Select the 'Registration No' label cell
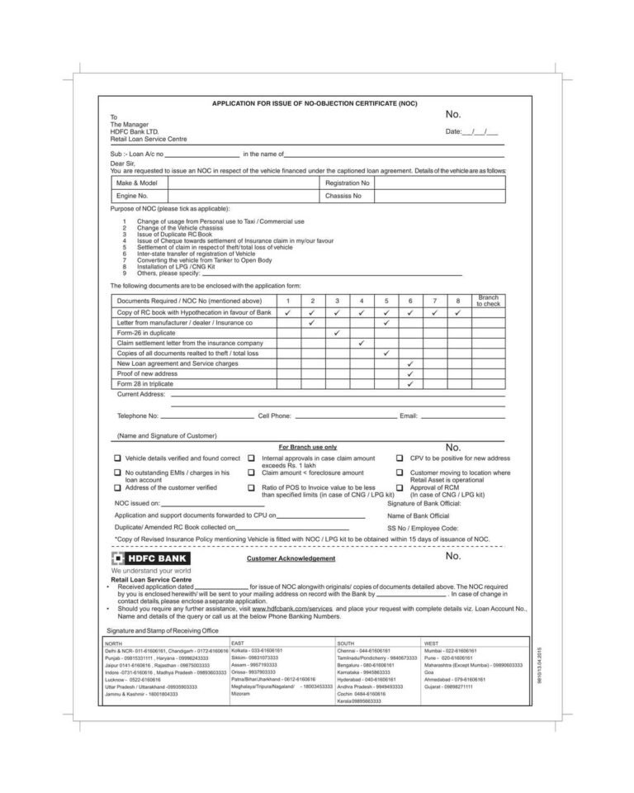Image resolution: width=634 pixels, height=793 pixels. click(347, 182)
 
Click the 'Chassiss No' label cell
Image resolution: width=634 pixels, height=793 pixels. click(343, 196)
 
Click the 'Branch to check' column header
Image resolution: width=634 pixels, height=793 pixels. click(488, 301)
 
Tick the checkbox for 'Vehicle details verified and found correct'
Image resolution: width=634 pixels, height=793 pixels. click(117, 458)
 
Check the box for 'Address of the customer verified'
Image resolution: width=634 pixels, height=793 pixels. click(117, 487)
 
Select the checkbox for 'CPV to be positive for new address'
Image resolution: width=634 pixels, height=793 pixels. click(400, 458)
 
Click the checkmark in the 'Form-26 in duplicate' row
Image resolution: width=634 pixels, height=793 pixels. click(337, 333)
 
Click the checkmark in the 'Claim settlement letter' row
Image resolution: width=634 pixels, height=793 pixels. click(362, 343)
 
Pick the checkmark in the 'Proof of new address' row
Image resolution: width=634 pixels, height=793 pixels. click(410, 373)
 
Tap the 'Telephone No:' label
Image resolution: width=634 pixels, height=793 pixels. click(137, 416)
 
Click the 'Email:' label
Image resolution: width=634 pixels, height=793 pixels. click(409, 416)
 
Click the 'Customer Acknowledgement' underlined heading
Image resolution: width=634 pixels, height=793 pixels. click(291, 558)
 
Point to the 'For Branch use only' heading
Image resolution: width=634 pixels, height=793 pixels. click(307, 446)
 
